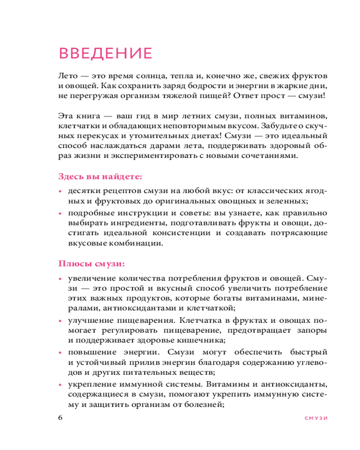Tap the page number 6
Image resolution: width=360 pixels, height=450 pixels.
(61, 417)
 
